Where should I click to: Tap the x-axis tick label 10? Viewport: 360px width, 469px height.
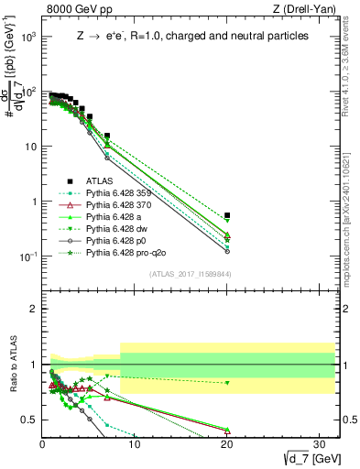[135, 445]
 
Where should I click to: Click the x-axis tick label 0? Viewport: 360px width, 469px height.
[43, 445]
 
